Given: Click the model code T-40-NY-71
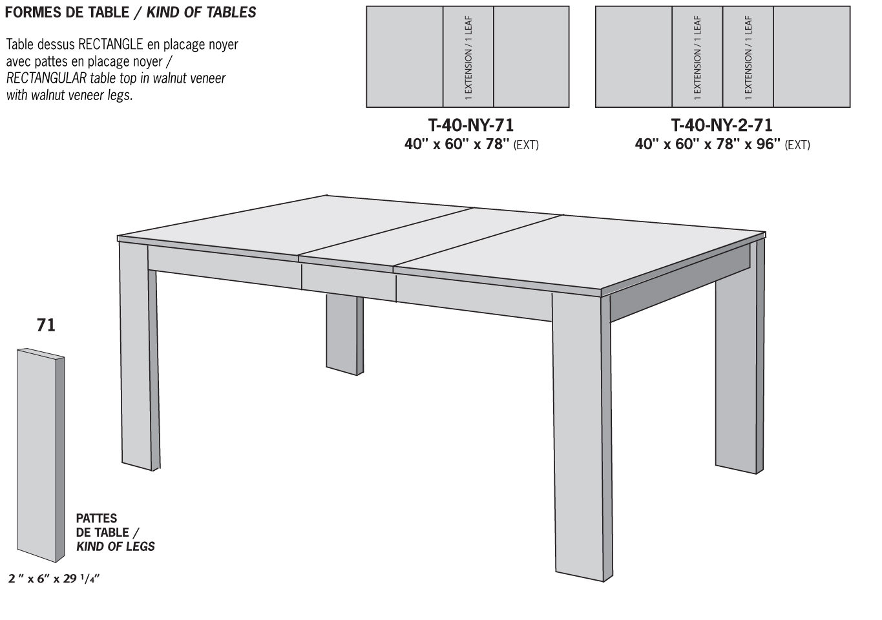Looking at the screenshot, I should [x=471, y=125].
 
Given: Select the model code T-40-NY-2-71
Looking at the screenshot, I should [x=722, y=125].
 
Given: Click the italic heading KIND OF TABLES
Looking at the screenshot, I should [x=201, y=12].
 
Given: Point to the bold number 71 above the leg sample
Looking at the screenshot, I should [x=46, y=325].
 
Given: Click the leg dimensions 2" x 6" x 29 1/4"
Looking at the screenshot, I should [x=54, y=579].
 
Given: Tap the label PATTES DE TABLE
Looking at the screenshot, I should [x=103, y=525].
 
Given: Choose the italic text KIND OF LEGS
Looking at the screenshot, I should [x=116, y=546].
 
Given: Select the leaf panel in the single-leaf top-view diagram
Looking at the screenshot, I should [x=468, y=57].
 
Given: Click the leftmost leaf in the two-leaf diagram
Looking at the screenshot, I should [x=697, y=57].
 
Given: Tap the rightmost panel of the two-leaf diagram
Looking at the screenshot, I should [x=812, y=57].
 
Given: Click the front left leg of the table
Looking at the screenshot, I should [x=137, y=355].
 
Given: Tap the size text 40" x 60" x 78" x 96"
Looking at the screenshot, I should [x=708, y=144].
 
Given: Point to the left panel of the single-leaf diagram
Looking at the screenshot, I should [x=404, y=57].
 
